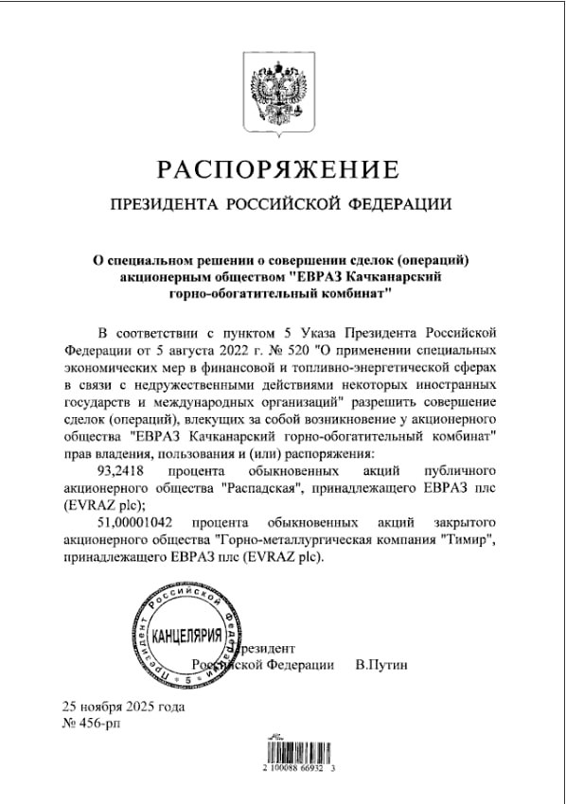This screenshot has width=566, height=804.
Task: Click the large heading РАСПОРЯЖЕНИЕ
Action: (x=281, y=170)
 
